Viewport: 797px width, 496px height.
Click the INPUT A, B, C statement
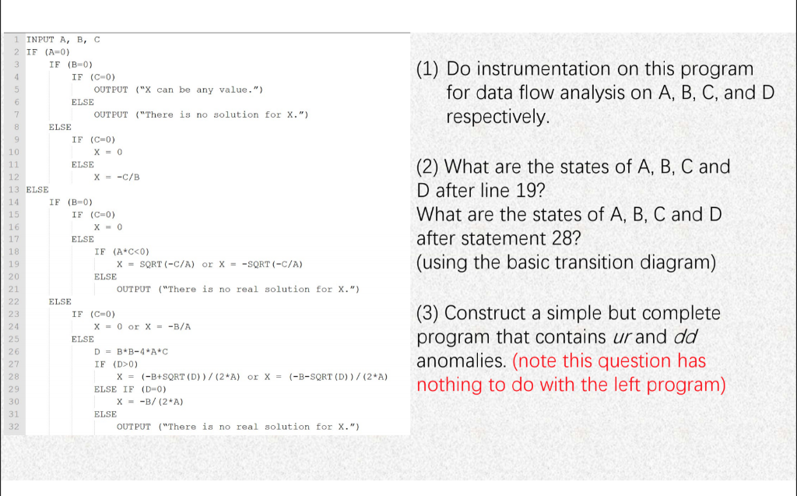click(x=63, y=39)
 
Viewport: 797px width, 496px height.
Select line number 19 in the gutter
click(x=13, y=264)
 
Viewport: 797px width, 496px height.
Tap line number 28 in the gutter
click(x=13, y=376)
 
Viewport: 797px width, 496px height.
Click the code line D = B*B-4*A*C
click(x=131, y=351)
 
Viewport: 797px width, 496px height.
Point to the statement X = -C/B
click(x=117, y=177)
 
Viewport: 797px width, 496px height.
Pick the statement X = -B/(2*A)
click(x=149, y=401)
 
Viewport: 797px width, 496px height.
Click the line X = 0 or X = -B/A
click(x=142, y=326)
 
